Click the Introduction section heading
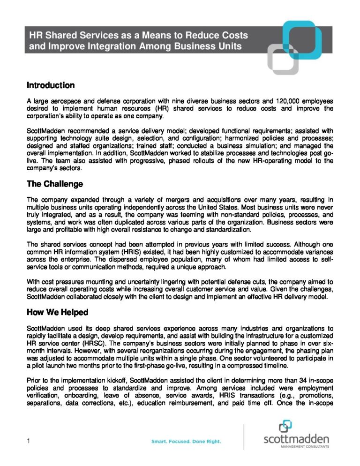click(51, 85)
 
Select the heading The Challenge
click(54, 184)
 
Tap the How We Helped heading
click(58, 312)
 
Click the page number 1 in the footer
click(29, 441)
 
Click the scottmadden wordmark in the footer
click(296, 439)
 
